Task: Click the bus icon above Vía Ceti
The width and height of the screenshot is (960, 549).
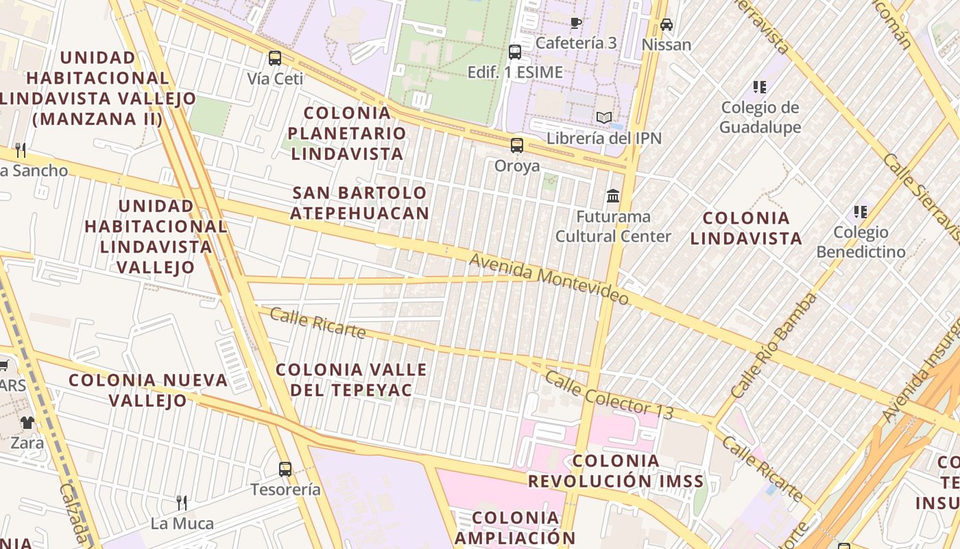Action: pos(275,58)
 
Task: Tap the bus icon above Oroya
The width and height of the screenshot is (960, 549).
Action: pos(517,145)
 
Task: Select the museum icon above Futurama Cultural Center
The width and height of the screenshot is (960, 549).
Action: pos(613,196)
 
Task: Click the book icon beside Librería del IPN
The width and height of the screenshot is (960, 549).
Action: pos(603,118)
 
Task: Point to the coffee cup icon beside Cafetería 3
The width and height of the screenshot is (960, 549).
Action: pos(576,23)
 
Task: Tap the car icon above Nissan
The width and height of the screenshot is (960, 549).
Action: pos(666,25)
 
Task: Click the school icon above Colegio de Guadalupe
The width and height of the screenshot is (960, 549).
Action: pos(760,87)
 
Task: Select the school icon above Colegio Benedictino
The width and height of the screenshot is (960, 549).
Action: pos(861,212)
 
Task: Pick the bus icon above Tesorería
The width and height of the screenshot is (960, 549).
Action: pos(285,469)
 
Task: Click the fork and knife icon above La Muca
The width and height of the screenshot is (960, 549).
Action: pos(182,503)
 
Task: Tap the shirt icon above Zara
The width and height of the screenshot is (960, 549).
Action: pos(27,423)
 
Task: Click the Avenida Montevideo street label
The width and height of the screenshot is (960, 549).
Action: pos(549,279)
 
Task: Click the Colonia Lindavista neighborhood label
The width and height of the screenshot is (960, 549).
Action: pos(746,229)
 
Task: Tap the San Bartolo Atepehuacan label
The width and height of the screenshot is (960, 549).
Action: pos(360,202)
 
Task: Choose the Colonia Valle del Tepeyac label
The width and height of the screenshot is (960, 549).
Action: pos(351,379)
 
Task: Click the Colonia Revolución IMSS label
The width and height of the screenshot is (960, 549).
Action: pos(616,471)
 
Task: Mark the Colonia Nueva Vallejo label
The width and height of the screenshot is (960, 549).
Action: pos(148,390)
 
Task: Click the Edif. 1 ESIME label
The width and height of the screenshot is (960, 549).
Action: pos(515,72)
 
